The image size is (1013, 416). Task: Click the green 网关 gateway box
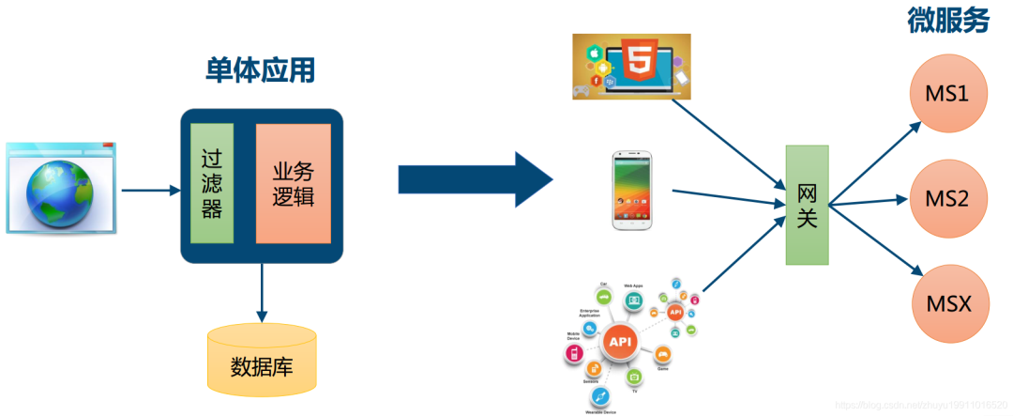(x=807, y=204)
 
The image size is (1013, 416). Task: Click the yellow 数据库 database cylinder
(x=262, y=361)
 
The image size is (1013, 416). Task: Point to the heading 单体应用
(x=261, y=69)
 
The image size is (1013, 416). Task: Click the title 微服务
(x=947, y=21)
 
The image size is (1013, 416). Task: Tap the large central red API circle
(x=620, y=343)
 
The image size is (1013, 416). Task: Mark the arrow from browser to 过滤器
(x=150, y=191)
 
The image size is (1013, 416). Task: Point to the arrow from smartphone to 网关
(x=728, y=196)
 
